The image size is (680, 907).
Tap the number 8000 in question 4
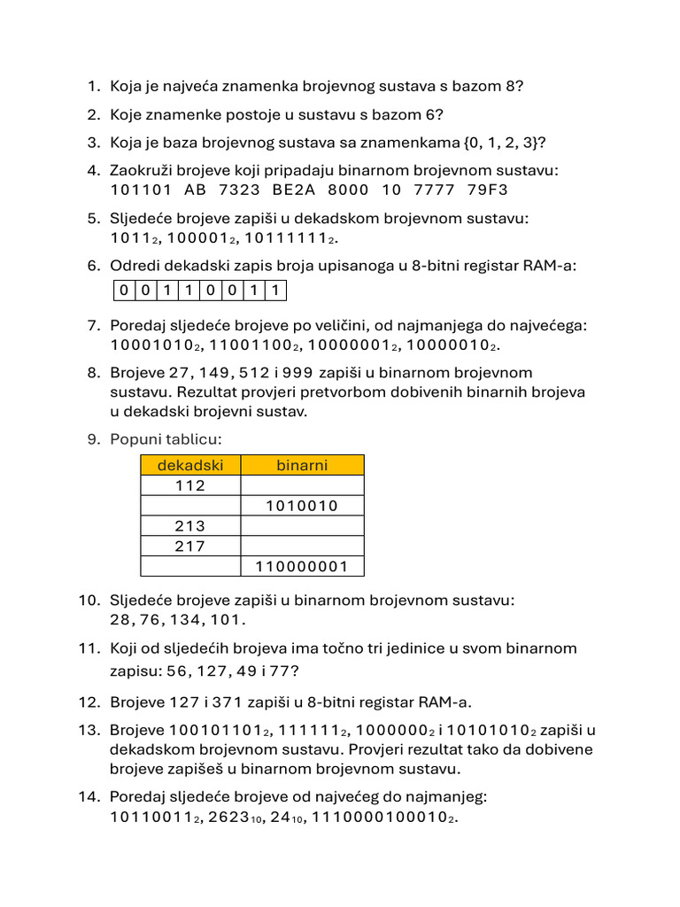click(348, 190)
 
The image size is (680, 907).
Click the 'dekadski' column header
click(190, 465)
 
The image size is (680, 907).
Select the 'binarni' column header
click(302, 465)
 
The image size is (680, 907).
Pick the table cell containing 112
click(190, 485)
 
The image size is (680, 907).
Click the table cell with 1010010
click(302, 506)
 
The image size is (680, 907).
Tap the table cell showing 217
click(190, 547)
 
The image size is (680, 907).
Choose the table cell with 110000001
click(302, 567)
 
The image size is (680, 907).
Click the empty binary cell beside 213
click(302, 526)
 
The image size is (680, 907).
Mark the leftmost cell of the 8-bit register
click(124, 291)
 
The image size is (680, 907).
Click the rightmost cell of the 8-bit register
click(277, 291)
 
